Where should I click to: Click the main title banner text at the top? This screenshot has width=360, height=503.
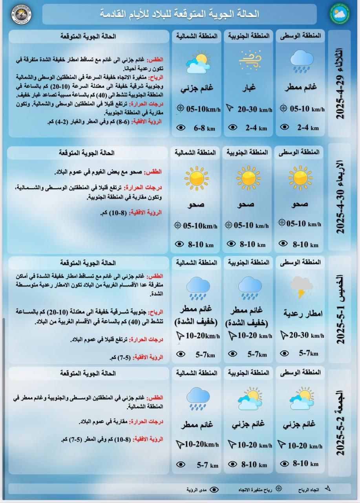[179, 14]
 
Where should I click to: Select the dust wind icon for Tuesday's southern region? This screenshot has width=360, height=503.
[250, 61]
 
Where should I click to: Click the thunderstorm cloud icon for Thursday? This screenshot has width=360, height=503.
[302, 288]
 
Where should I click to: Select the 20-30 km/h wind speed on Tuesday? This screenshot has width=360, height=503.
[255, 109]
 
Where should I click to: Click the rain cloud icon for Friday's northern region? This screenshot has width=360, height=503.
[197, 399]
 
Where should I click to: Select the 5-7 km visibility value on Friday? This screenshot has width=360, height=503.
[207, 465]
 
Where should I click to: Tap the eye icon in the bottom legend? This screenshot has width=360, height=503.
[214, 489]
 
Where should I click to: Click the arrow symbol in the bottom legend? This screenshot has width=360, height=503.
[328, 489]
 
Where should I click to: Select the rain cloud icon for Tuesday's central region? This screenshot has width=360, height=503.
[302, 61]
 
